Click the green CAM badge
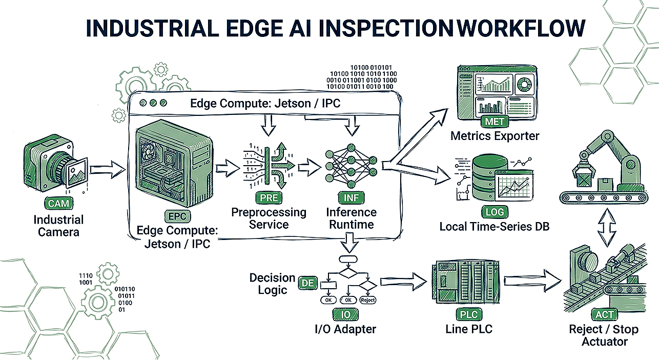(58, 203)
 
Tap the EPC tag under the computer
(177, 216)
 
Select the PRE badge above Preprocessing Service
(269, 197)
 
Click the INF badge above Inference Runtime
(351, 197)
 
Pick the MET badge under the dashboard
(495, 121)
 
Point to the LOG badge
(495, 212)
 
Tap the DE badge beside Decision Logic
(308, 283)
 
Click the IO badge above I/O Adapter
(345, 314)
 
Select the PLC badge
(469, 314)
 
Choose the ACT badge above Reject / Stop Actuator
(604, 314)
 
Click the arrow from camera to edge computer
(108, 170)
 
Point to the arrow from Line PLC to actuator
(532, 281)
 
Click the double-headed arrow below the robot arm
(607, 227)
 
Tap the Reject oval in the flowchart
(368, 300)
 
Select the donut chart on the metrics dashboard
(525, 83)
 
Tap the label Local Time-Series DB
(495, 226)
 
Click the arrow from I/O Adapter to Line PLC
(403, 282)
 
